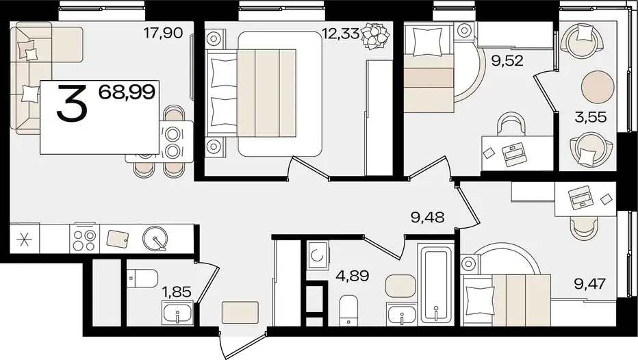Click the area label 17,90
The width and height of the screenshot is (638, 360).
[164, 33]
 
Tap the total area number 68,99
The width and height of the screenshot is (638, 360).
[127, 92]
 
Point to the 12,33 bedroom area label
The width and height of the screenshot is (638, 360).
[340, 33]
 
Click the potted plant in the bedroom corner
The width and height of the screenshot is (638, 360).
[374, 36]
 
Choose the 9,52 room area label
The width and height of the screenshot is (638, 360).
[507, 61]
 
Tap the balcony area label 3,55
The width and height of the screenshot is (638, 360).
[590, 117]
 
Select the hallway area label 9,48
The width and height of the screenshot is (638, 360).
[427, 217]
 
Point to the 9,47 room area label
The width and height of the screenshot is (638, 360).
[590, 283]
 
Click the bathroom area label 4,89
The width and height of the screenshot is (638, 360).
[353, 276]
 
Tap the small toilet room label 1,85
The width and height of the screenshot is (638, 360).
[177, 292]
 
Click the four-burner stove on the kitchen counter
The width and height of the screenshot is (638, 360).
[85, 239]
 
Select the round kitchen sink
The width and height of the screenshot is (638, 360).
[155, 238]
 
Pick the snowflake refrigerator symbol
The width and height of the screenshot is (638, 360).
[25, 239]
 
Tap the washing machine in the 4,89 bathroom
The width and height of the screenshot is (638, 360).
[318, 255]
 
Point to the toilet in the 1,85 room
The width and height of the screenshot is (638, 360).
[142, 279]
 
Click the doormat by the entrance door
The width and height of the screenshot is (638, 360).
[240, 312]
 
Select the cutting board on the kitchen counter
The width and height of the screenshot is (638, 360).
[118, 239]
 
